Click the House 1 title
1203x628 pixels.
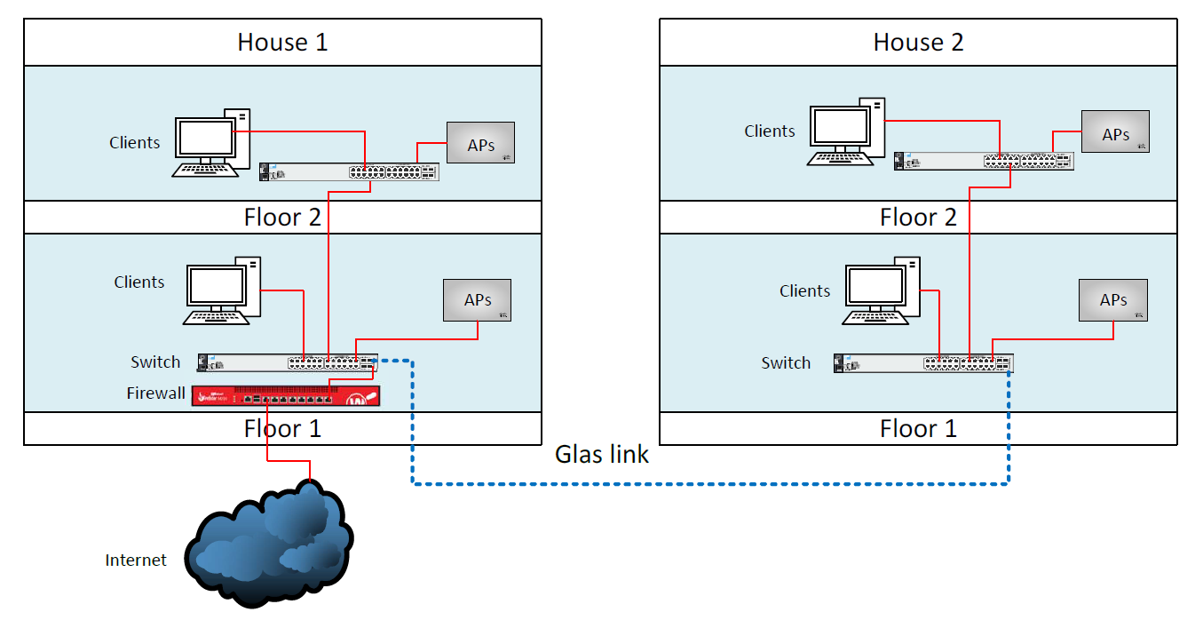tap(282, 42)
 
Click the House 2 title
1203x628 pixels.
tap(918, 42)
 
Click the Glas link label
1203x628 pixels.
tap(602, 454)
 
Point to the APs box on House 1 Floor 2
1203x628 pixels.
tap(480, 142)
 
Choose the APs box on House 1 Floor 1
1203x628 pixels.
tap(478, 300)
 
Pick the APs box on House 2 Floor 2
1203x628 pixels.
tap(1115, 131)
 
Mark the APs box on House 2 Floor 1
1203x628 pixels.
tap(1113, 300)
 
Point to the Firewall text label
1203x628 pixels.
tap(155, 393)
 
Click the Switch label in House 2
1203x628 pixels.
tap(786, 362)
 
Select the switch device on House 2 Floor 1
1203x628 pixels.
tap(922, 362)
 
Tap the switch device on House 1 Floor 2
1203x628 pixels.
tap(349, 172)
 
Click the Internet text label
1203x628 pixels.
tap(136, 560)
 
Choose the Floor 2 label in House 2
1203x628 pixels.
tap(918, 217)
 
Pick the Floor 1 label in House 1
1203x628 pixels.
tap(282, 428)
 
